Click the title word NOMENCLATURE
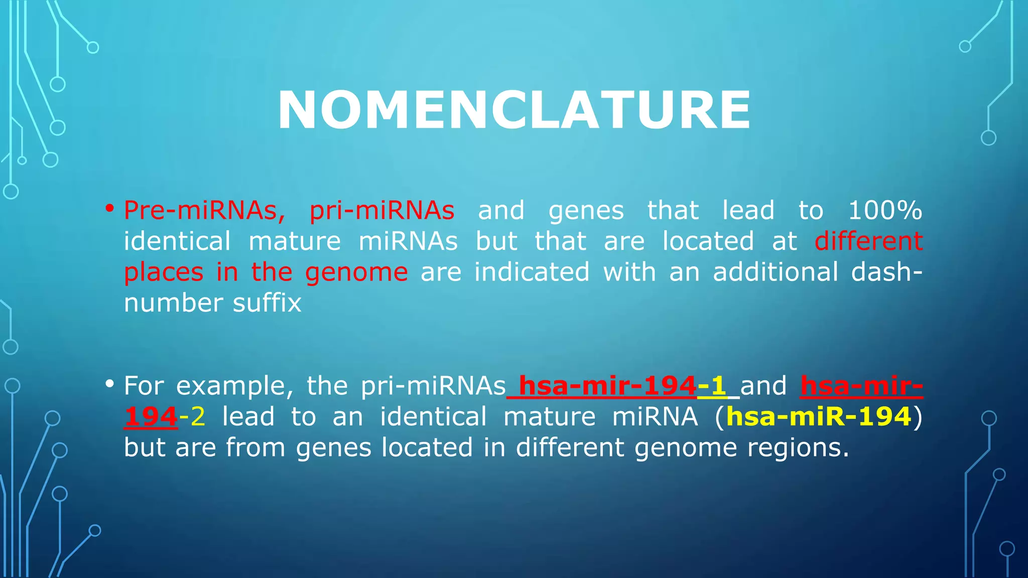coord(514,110)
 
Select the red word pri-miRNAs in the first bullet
coord(382,210)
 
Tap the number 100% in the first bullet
coord(885,210)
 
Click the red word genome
coord(356,272)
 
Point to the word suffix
coord(267,303)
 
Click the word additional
coord(776,272)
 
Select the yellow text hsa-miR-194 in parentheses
coord(819,417)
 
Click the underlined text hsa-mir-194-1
coord(622,386)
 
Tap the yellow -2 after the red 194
coord(192,417)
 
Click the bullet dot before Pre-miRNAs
coord(110,208)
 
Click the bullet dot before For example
coord(110,384)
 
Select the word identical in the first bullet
coord(177,241)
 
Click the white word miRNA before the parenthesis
coord(655,417)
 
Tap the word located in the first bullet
coord(708,241)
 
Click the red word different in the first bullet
coord(868,241)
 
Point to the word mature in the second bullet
coord(549,417)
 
